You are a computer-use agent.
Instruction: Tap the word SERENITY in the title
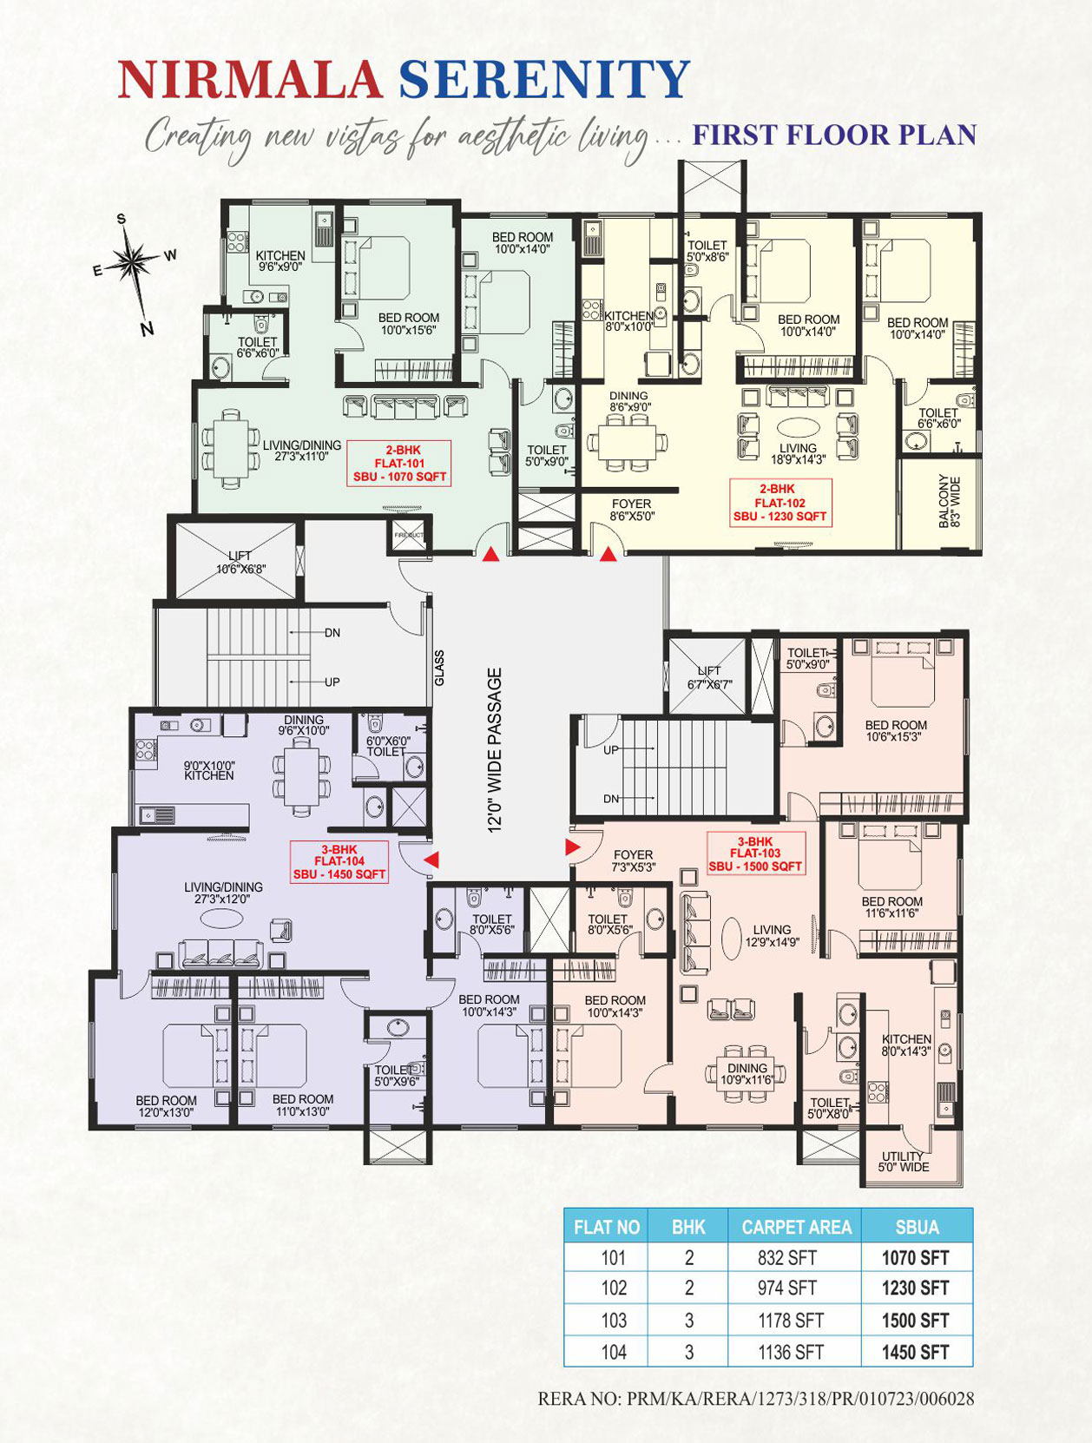click(x=544, y=80)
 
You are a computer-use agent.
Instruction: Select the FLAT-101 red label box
click(x=399, y=464)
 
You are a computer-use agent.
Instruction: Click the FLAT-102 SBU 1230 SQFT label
click(x=780, y=503)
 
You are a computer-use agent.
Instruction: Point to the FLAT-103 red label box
click(x=755, y=854)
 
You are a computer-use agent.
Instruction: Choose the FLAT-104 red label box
click(x=339, y=862)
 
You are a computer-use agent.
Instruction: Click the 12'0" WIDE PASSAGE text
click(x=495, y=749)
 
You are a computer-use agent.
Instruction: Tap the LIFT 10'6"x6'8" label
click(x=240, y=562)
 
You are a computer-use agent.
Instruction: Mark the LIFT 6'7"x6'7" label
click(x=708, y=677)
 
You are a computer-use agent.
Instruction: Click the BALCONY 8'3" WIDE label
click(x=949, y=502)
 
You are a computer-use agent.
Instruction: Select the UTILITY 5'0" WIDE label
click(x=903, y=1162)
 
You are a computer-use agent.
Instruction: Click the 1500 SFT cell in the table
click(x=916, y=1321)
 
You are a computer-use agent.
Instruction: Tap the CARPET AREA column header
click(x=796, y=1227)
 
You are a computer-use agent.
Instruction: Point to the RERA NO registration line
click(x=755, y=1399)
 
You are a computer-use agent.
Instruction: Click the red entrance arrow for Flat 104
click(x=431, y=860)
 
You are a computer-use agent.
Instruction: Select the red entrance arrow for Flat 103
click(x=572, y=847)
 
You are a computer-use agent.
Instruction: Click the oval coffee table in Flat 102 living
click(x=797, y=427)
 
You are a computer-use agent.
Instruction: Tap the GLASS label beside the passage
click(x=439, y=668)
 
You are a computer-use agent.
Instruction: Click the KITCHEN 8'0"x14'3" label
click(x=905, y=1044)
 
